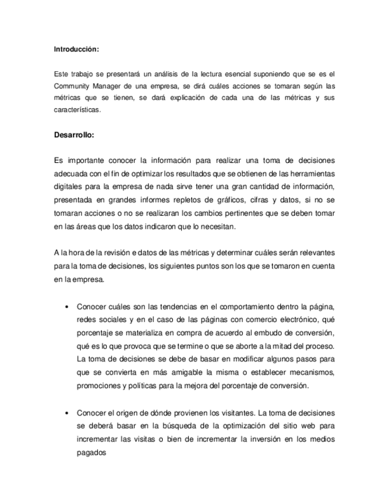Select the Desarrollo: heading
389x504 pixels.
tap(74, 135)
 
